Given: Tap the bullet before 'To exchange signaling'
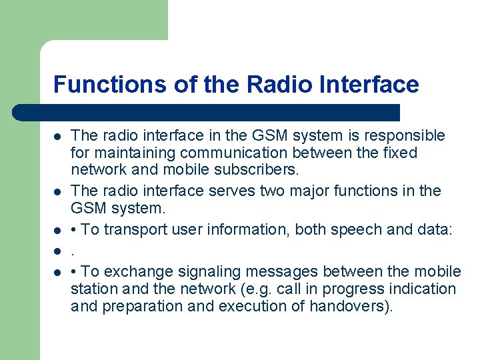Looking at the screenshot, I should (58, 272).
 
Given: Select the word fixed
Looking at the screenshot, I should (399, 153).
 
